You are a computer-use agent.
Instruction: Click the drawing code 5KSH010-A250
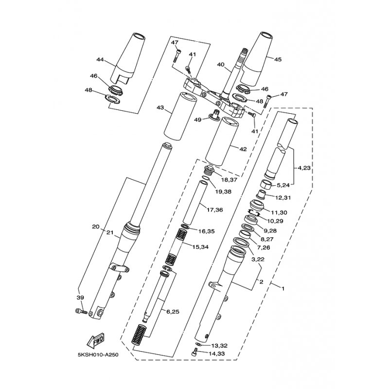point(98,355)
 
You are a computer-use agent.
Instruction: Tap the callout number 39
point(81,298)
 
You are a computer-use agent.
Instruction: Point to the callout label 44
point(100,60)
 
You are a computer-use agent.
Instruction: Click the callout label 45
point(278,59)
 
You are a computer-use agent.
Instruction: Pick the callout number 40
point(221,65)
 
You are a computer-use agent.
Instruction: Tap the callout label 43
point(160,107)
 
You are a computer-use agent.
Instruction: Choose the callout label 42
point(243,149)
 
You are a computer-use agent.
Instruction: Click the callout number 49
point(198,120)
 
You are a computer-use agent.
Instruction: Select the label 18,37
point(229,179)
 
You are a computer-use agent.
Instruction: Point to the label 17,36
point(215,210)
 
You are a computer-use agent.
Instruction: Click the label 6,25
point(173,312)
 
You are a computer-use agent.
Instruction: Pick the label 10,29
point(275,221)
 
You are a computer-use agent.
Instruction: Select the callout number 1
point(283,288)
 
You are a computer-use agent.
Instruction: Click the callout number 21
point(110,233)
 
